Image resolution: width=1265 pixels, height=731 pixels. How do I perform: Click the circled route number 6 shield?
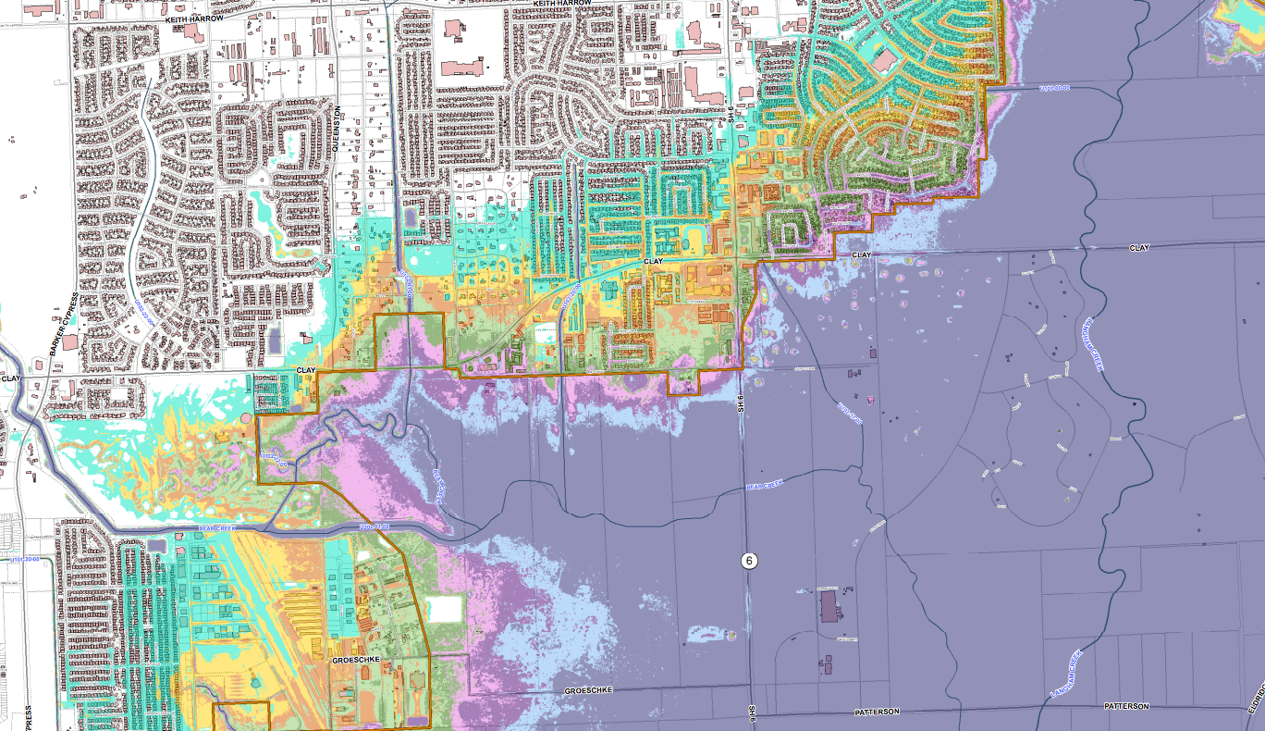point(749,561)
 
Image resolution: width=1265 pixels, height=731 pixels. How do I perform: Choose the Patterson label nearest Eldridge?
point(1125,706)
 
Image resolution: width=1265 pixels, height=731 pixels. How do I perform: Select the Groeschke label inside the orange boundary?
point(356,660)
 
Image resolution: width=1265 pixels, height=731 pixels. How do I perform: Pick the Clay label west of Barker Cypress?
point(11,378)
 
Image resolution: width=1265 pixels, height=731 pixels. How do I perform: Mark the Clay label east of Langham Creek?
point(1138,249)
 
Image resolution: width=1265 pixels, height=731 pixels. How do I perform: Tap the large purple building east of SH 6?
point(829,609)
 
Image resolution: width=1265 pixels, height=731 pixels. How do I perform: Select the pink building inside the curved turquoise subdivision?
point(885,62)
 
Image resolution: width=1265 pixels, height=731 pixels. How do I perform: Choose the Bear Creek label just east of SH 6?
point(765,484)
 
